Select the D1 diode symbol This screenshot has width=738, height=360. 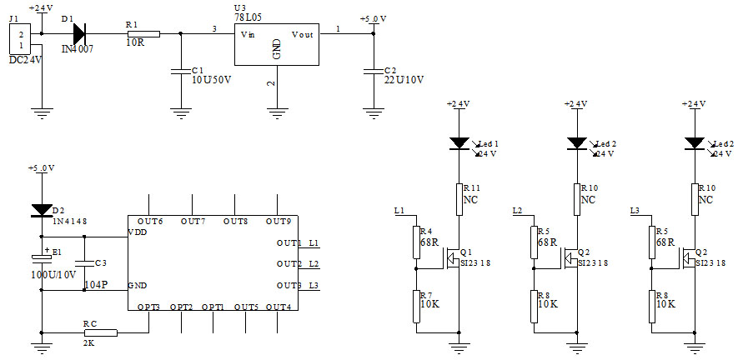click(x=80, y=33)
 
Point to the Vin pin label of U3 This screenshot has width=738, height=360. click(x=248, y=34)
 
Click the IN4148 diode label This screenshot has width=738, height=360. click(x=72, y=221)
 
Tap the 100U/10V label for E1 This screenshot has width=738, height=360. click(x=53, y=273)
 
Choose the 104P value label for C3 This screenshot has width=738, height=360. click(x=96, y=284)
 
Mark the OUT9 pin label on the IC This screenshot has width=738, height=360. click(x=278, y=222)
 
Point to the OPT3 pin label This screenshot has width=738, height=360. click(x=148, y=307)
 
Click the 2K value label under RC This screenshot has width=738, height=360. click(x=89, y=342)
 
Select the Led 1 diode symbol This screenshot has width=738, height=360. click(x=458, y=144)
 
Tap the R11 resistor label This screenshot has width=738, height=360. click(x=472, y=189)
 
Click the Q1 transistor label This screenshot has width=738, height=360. click(x=465, y=252)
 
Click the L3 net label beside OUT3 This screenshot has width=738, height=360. click(x=314, y=286)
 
